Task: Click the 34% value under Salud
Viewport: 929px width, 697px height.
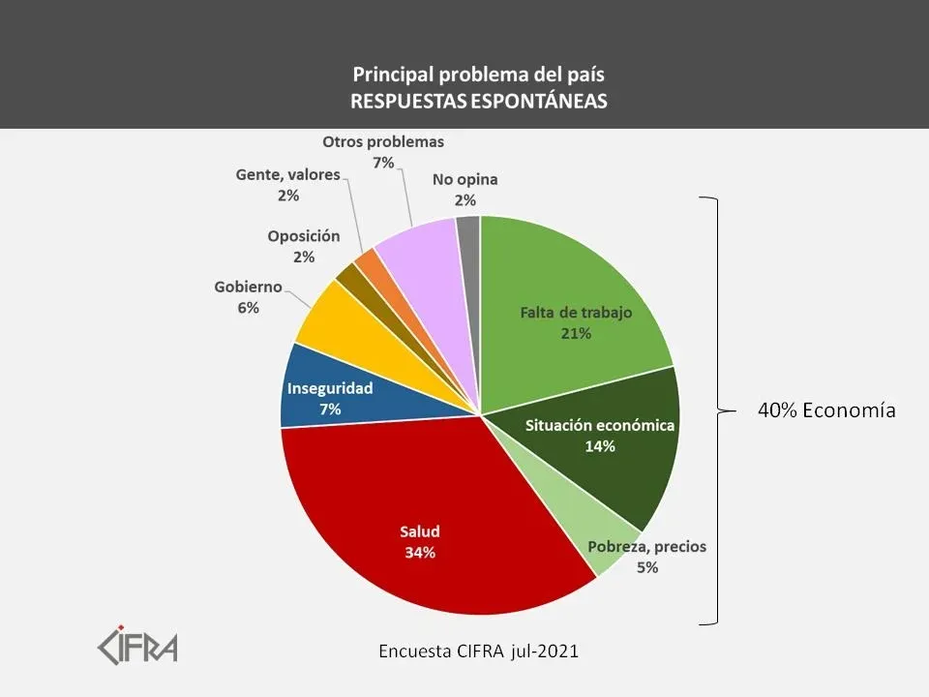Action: click(x=420, y=553)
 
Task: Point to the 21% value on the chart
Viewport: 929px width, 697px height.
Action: click(x=575, y=333)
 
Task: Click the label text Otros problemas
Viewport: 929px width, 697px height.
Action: click(x=383, y=141)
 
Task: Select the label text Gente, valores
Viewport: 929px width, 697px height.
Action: click(x=288, y=175)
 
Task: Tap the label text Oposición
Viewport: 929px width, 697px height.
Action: click(x=304, y=235)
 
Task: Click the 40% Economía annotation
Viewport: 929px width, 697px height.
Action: click(x=826, y=410)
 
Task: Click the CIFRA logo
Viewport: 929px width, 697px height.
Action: click(x=138, y=645)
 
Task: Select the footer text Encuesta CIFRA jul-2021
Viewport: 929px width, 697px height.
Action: click(x=478, y=652)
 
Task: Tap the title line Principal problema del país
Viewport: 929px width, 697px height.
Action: click(x=480, y=74)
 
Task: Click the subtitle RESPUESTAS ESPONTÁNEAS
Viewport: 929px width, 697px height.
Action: click(x=480, y=101)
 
